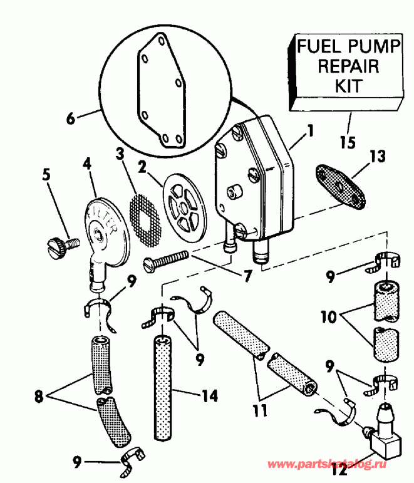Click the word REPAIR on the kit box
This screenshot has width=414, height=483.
348,65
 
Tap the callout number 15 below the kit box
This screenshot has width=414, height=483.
347,142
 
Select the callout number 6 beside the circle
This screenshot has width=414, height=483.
70,118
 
